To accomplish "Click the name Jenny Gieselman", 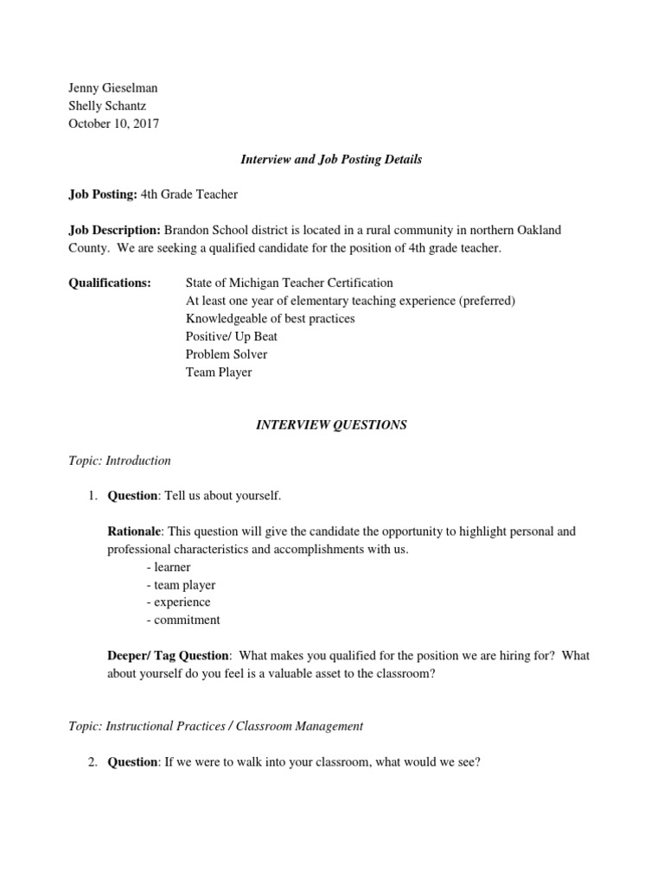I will point(112,88).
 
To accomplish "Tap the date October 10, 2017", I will point(113,124).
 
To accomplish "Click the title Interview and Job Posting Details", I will point(331,160).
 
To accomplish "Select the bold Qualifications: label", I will point(109,283).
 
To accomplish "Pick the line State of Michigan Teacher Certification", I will point(289,283).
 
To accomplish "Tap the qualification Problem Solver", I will point(227,354).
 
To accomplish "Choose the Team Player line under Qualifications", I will point(219,372).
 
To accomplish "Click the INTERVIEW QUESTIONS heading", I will point(331,425).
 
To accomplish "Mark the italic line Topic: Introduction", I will point(119,461).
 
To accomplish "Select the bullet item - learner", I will point(169,567).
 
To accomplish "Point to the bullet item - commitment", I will point(183,620).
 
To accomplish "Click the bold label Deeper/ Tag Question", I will point(168,656).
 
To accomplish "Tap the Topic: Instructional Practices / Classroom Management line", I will point(215,726).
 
